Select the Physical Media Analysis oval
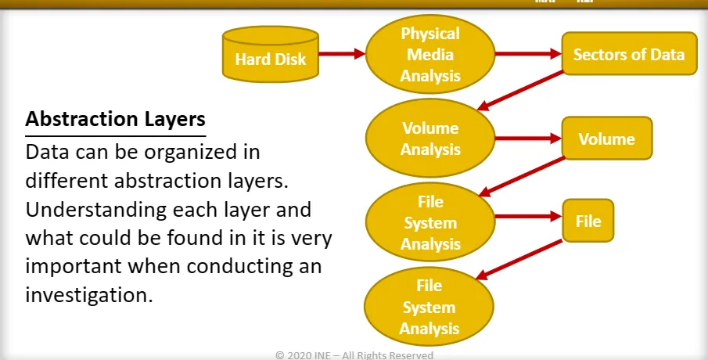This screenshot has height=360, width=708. (x=429, y=55)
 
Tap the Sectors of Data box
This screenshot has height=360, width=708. (x=628, y=54)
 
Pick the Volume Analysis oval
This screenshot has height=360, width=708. (x=429, y=138)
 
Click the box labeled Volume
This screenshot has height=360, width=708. (x=606, y=139)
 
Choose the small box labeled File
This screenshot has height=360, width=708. (x=588, y=221)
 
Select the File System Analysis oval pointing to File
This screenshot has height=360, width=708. (x=429, y=222)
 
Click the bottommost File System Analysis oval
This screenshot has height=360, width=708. (x=429, y=306)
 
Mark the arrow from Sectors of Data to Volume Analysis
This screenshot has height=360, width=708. (x=522, y=92)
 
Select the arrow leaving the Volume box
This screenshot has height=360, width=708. (x=522, y=176)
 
